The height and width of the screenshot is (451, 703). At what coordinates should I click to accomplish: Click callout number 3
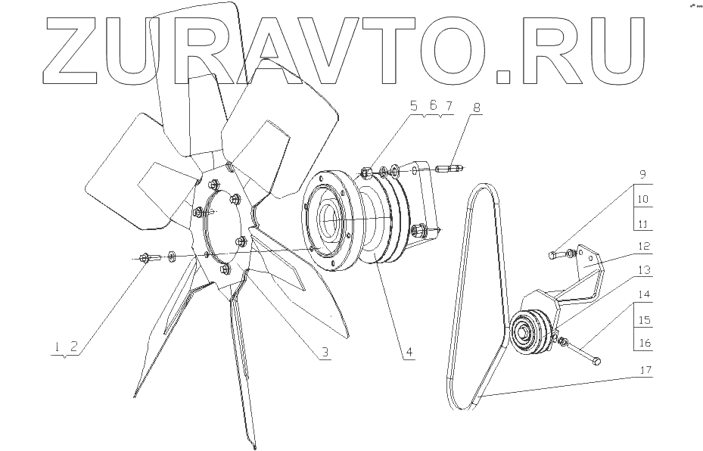(323, 353)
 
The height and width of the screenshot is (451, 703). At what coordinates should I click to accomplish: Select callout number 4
(408, 353)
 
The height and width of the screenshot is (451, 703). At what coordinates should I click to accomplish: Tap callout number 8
(476, 108)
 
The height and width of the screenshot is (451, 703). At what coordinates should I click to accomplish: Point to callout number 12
(645, 247)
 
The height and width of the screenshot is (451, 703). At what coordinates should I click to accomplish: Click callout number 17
(645, 372)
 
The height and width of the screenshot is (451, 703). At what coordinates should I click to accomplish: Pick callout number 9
(642, 174)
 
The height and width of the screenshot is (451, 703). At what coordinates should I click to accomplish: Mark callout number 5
(414, 107)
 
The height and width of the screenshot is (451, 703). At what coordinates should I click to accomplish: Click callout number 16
(645, 343)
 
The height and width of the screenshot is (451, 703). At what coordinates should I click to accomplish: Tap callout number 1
(57, 347)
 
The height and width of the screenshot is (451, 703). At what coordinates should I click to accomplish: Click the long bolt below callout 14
(583, 352)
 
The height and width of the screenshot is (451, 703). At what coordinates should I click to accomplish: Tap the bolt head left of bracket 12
(554, 256)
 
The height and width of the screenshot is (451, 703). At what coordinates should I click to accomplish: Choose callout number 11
(642, 224)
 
